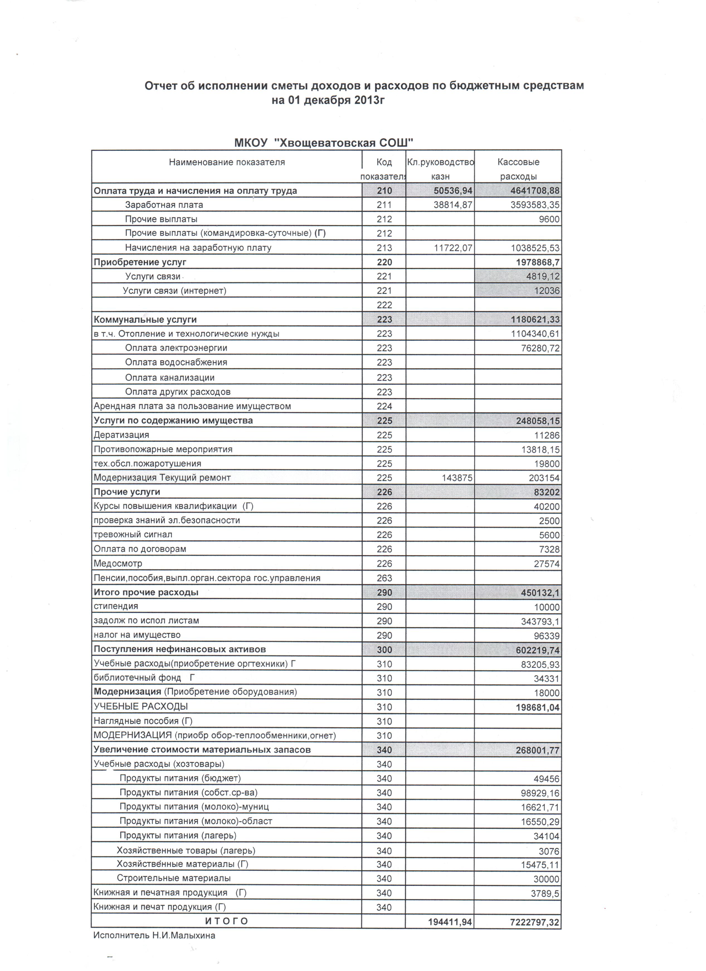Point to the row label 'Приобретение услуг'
click(x=140, y=262)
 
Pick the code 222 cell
click(x=384, y=305)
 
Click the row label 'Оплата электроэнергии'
click(x=176, y=348)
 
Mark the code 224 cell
click(x=384, y=406)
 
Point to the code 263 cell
click(x=384, y=578)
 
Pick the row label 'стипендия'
click(x=116, y=606)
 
